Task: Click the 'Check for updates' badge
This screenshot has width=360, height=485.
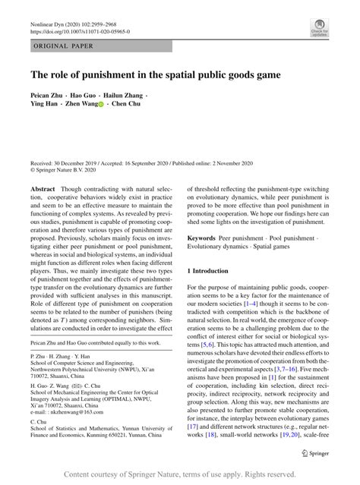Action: click(x=318, y=27)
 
